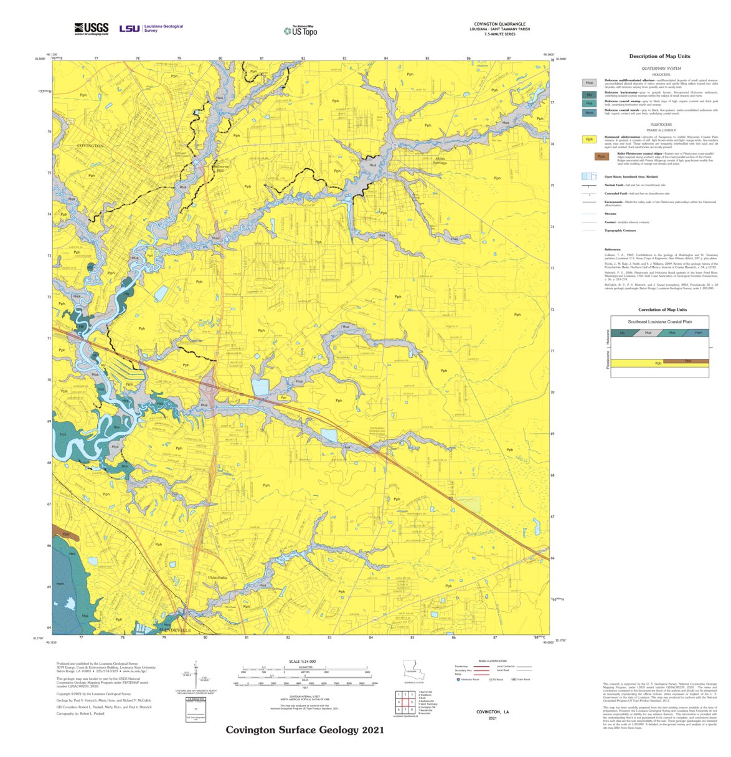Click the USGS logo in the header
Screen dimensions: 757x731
(91, 29)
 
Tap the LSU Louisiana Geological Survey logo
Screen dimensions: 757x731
(151, 29)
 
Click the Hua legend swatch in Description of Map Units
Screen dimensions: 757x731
(589, 83)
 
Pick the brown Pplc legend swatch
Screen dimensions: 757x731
(601, 156)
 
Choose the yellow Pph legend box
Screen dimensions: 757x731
(589, 140)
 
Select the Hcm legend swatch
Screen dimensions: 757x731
(589, 113)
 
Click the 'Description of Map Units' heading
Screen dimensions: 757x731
(659, 57)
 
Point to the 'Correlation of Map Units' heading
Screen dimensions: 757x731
(662, 310)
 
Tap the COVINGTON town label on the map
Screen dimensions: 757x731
(90, 145)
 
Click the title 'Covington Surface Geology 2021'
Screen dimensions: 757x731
(300, 730)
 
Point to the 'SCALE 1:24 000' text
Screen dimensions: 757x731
(303, 661)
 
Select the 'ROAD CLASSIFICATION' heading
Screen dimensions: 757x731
(492, 661)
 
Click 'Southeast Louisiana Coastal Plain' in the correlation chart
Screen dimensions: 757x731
(659, 321)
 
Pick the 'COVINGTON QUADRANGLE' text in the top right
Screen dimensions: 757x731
(499, 24)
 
